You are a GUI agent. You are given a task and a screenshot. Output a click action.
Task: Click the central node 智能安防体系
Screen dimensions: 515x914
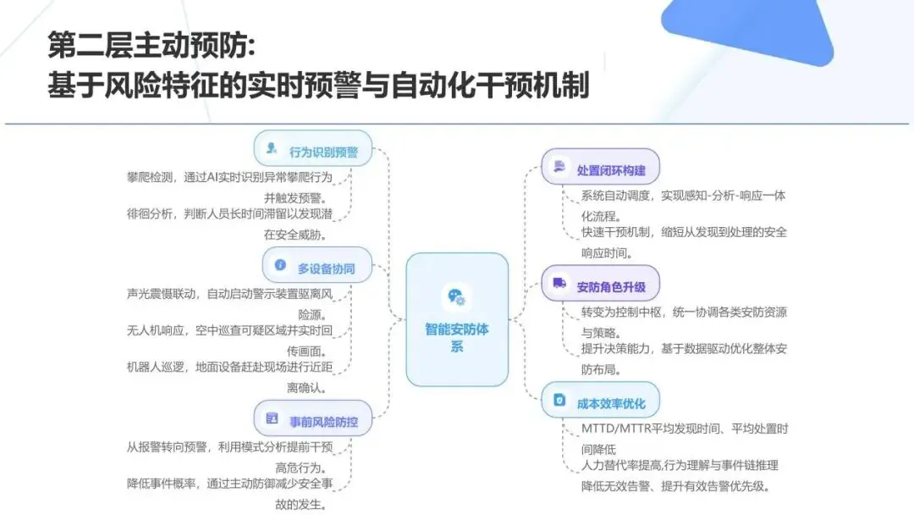tap(456, 319)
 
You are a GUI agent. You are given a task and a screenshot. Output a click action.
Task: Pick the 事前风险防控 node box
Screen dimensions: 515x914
tap(312, 418)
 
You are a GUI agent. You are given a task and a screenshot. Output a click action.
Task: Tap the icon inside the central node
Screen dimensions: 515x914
tap(457, 296)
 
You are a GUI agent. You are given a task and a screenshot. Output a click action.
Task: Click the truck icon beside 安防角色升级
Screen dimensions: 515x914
tap(559, 283)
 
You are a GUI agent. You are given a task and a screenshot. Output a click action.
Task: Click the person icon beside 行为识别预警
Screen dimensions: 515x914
tap(272, 148)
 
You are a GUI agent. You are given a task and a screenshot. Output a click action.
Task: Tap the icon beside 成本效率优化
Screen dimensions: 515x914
tap(559, 400)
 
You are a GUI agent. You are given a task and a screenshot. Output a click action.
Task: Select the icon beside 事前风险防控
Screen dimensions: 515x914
tap(272, 418)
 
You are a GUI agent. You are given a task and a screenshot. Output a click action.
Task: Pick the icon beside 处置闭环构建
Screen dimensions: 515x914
tap(559, 166)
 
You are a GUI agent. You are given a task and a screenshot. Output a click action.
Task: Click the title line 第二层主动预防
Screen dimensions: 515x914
tap(150, 44)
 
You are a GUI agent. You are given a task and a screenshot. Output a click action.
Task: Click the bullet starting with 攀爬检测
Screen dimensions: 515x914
tap(228, 177)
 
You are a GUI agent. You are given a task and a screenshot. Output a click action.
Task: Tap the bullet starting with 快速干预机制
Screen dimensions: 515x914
tap(683, 232)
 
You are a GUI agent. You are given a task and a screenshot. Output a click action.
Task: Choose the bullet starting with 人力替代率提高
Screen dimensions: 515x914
tap(679, 465)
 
